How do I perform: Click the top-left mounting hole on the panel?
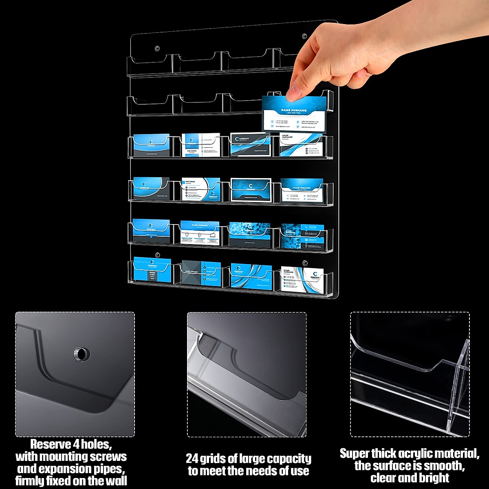[x=157, y=49]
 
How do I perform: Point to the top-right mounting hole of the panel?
[x=304, y=37]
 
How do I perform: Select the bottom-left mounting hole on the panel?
[x=157, y=256]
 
